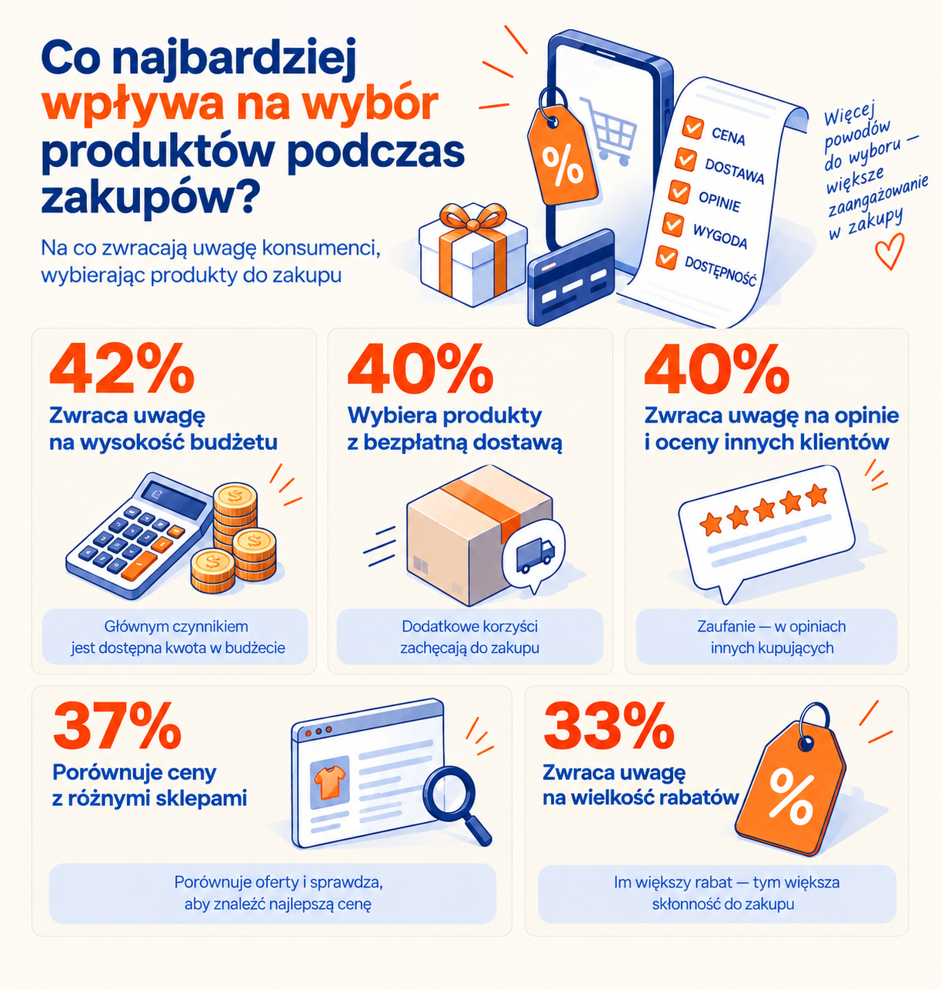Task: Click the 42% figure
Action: point(122,368)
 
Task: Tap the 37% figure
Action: point(117,726)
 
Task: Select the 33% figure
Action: point(608,726)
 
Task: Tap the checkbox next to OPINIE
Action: point(679,191)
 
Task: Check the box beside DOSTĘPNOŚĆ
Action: point(666,258)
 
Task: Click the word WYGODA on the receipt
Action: point(720,236)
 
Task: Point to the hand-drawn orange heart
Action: point(889,250)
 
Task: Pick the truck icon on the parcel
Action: point(535,554)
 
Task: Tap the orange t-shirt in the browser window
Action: point(330,782)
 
